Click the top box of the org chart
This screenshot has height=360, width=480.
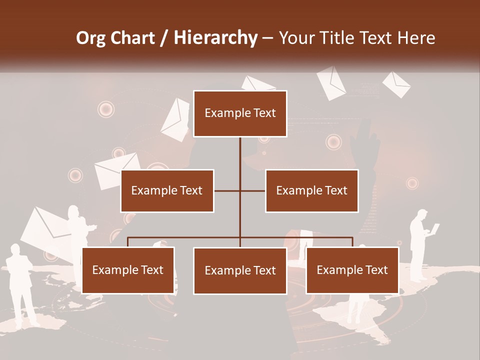coord(240,113)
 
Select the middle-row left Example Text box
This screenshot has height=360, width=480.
coord(167,190)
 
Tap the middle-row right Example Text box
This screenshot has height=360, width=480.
coord(311,190)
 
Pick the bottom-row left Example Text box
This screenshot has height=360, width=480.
coord(128,270)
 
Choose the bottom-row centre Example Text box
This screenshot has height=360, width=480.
coord(240,270)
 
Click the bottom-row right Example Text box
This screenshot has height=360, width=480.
coord(352,270)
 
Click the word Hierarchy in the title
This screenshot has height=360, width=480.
coord(215,37)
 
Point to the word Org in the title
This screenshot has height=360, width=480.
coord(91,37)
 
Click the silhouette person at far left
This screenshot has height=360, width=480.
coord(21,285)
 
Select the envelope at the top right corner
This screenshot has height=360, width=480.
coord(396,84)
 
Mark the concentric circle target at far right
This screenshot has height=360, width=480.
coord(412,183)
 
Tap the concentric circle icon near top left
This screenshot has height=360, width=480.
coord(105,109)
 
